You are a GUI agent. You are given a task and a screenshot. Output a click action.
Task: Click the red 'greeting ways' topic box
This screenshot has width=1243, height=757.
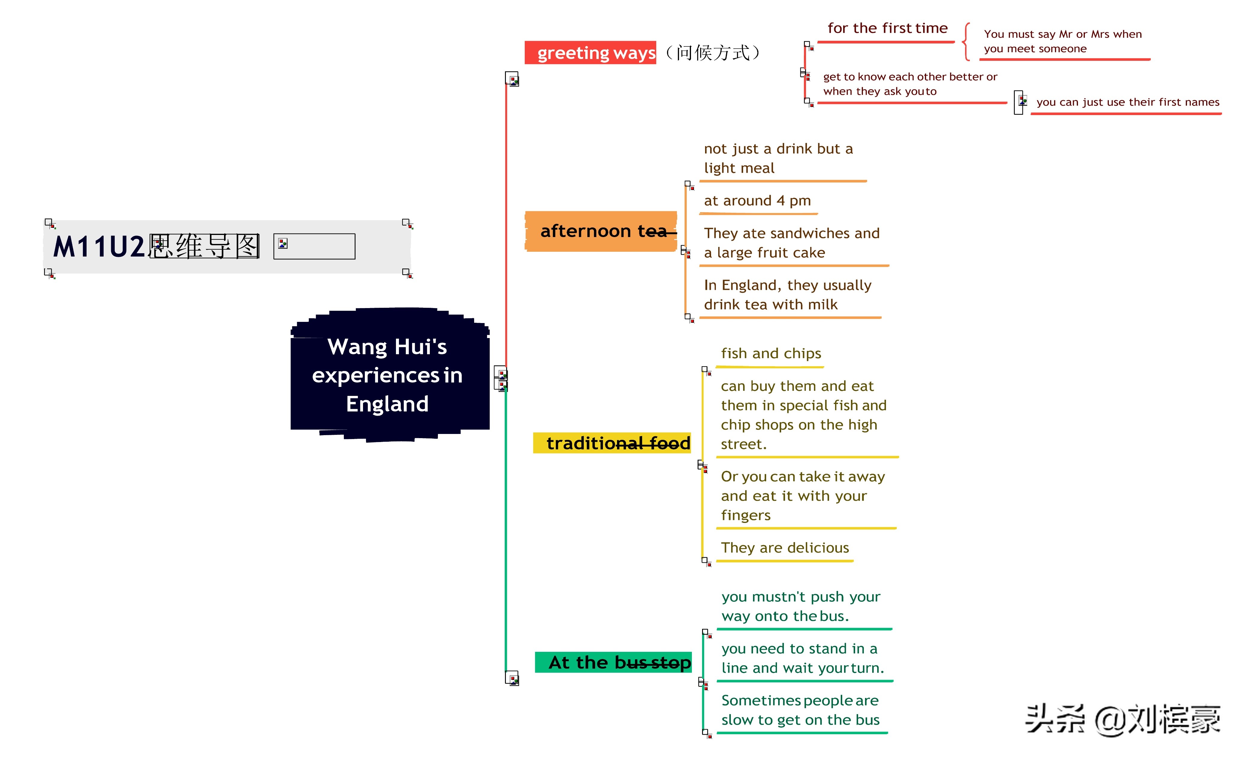tap(590, 52)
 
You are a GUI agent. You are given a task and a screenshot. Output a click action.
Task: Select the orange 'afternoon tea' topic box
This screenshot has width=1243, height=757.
tap(601, 231)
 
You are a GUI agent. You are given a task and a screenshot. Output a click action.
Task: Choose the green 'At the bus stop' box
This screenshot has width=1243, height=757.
tap(613, 662)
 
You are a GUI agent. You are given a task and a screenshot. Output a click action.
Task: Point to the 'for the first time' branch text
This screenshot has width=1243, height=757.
tap(887, 28)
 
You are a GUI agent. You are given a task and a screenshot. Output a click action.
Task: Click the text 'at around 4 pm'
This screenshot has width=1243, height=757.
tap(757, 201)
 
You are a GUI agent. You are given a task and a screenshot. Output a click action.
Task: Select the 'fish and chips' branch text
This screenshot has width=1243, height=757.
tap(771, 353)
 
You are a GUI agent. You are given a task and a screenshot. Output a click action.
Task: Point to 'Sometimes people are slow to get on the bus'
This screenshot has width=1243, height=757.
tap(801, 710)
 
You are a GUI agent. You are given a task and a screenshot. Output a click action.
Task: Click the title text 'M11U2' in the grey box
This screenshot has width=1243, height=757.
tap(99, 247)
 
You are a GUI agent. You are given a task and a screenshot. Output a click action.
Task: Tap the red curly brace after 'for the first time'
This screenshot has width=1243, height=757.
tap(966, 41)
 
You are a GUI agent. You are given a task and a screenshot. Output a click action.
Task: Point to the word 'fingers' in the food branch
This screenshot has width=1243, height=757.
tap(746, 515)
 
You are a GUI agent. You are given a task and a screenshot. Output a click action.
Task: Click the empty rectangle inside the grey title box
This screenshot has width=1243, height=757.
tap(314, 246)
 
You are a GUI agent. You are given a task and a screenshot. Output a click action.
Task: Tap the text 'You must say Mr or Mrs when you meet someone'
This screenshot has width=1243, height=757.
tap(1062, 41)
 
